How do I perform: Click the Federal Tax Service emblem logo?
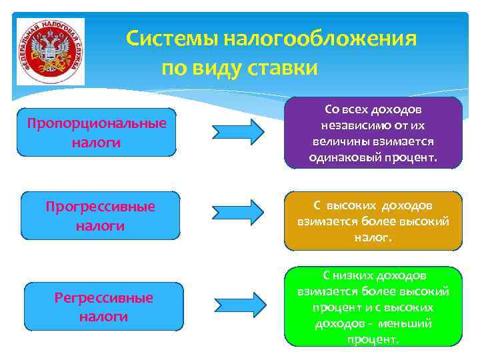click(x=51, y=51)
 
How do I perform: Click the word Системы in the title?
click(x=172, y=39)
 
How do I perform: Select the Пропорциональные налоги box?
click(x=97, y=132)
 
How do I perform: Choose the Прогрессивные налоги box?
click(x=101, y=215)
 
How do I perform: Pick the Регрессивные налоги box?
click(x=104, y=306)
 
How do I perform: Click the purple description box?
click(x=373, y=133)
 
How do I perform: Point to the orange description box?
click(x=373, y=221)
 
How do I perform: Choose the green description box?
click(x=373, y=306)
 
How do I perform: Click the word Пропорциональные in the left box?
click(x=97, y=124)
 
